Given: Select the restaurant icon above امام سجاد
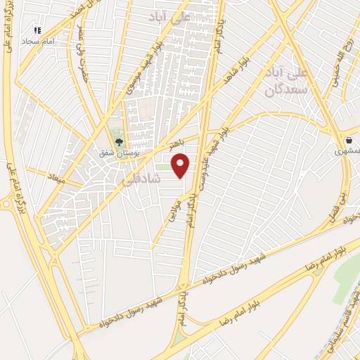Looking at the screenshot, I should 37,30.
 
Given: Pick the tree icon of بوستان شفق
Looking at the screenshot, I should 117,141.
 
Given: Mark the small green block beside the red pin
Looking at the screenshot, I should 162,167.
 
